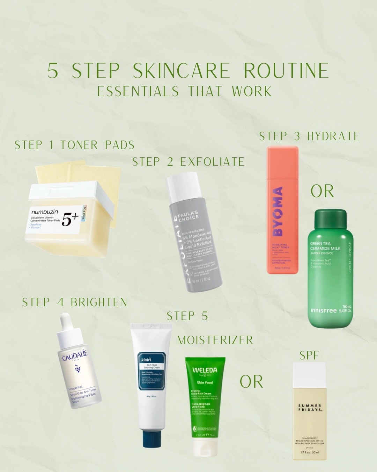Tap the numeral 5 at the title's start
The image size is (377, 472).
[53, 71]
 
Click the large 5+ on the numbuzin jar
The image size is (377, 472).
[70, 219]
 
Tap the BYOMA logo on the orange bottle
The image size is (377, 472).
[278, 212]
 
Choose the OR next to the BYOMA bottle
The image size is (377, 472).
[322, 191]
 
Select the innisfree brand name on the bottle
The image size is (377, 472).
[324, 310]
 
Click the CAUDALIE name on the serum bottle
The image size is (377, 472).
[75, 356]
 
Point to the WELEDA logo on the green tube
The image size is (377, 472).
[205, 370]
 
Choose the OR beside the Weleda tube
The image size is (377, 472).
[251, 381]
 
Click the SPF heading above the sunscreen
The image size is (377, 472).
[309, 356]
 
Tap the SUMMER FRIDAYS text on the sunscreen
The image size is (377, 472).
[310, 408]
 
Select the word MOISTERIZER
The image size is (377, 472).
[215, 340]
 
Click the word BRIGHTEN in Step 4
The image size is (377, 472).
[99, 302]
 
